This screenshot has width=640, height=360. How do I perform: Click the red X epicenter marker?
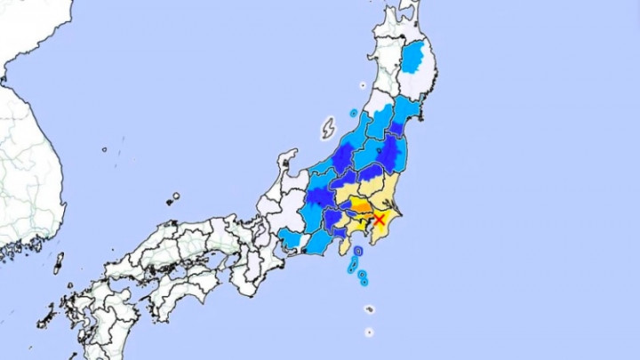[380, 219]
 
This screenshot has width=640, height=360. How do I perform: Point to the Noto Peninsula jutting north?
[287, 164]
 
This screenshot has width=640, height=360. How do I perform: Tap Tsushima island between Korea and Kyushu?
[60, 263]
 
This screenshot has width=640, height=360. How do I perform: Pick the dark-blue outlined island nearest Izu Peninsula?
[356, 254]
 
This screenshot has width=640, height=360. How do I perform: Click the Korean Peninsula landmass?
[27, 160]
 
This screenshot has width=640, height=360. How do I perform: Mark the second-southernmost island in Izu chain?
[370, 309]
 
